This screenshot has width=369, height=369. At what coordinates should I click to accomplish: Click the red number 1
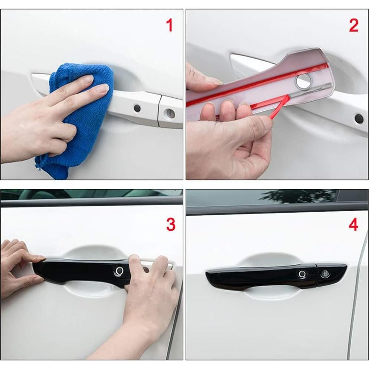tap(169, 26)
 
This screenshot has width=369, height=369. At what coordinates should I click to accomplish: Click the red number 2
tap(354, 26)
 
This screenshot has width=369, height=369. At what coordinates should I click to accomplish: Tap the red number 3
tap(170, 225)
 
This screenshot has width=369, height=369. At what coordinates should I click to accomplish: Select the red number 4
tap(353, 225)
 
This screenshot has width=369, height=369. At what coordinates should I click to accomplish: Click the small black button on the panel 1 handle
tap(137, 108)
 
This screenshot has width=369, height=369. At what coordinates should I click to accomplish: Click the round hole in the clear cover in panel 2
tap(303, 81)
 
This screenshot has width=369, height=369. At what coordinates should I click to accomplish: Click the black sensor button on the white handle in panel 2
tap(359, 119)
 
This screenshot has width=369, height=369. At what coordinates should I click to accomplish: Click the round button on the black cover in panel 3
tap(120, 270)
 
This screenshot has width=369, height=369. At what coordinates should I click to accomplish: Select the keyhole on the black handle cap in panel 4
tap(324, 274)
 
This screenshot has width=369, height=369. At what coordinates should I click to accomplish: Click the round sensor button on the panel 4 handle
tap(303, 274)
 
